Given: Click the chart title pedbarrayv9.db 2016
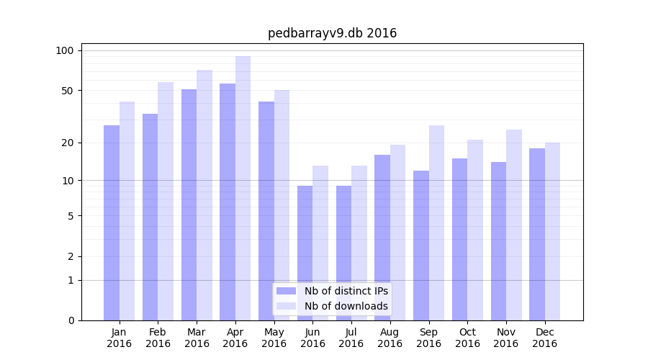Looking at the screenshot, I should coord(332,33).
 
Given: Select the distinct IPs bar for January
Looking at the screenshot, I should coord(112,223).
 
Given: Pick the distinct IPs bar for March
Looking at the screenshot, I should coord(189,205).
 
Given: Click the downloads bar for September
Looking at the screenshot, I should coord(436,223).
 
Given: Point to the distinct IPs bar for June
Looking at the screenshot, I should coord(305,252).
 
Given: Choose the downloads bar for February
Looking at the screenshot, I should coord(166,202).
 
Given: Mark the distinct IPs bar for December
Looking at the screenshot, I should coord(537,234).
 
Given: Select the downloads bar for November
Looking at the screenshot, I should coord(514,225).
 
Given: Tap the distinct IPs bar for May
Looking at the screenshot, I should coord(266,211).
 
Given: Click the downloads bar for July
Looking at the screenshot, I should coord(359,243).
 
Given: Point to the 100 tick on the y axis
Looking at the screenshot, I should coord(65,50).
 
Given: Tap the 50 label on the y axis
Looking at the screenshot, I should coord(68,91).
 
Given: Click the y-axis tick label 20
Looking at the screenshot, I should coord(68,143).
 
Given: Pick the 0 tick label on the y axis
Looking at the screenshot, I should coord(71,320).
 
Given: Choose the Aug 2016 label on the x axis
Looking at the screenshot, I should coord(390,338).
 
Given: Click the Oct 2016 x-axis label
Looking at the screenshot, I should coord(467,338).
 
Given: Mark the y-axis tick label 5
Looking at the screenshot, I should coord(71,215).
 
